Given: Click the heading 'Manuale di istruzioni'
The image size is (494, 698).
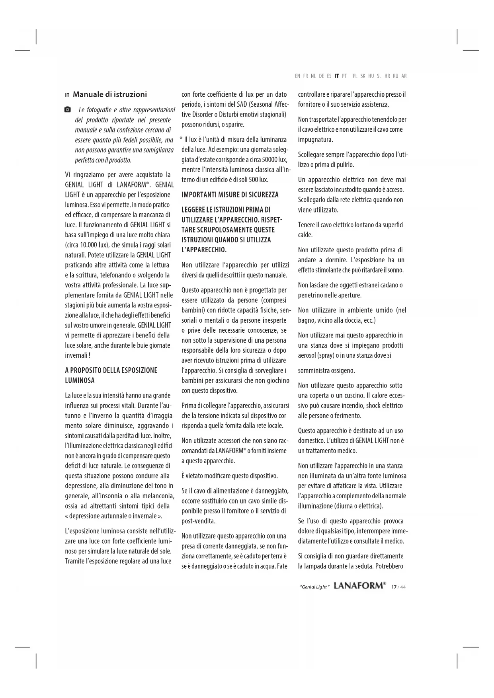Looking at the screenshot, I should click(x=109, y=95).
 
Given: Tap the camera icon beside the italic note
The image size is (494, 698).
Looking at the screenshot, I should click(x=68, y=109).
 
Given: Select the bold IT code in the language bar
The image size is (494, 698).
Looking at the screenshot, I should click(x=336, y=76).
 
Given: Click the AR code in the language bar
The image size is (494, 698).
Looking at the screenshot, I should click(x=404, y=76).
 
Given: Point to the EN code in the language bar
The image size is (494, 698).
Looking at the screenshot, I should click(x=298, y=76).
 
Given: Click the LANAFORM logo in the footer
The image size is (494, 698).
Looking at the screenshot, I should click(x=359, y=586).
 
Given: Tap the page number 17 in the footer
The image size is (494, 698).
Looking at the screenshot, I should click(x=394, y=587).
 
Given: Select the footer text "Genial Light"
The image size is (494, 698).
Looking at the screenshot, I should click(x=314, y=587).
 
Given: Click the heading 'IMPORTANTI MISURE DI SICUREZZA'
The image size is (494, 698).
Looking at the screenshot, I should click(x=230, y=195).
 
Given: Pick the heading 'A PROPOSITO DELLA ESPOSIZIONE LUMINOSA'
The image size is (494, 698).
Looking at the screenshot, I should click(x=111, y=375).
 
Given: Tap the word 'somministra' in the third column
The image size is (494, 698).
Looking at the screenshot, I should click(x=314, y=371).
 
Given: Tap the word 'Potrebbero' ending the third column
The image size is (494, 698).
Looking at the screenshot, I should click(x=389, y=566).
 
